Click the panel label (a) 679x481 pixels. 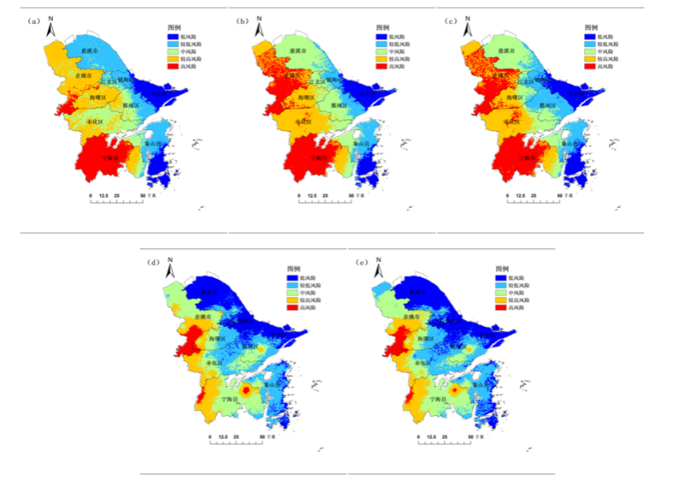tap(35, 21)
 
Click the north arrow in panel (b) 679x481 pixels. tap(258, 27)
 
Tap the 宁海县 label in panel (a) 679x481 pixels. tap(110, 158)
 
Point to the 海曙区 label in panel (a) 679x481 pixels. tap(98, 97)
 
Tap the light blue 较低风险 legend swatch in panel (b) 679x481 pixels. tap(382, 43)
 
